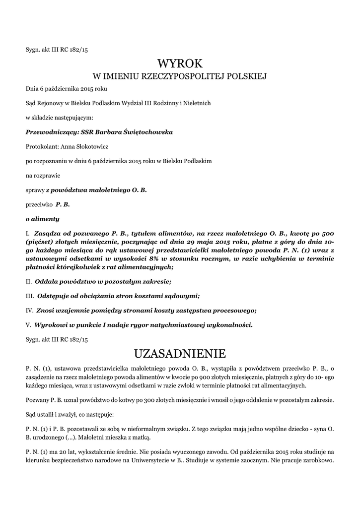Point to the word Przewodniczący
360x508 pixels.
click(x=47, y=132)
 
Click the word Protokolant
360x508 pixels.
click(x=41, y=147)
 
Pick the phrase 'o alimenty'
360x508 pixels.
click(x=42, y=219)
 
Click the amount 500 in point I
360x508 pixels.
click(x=327, y=233)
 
